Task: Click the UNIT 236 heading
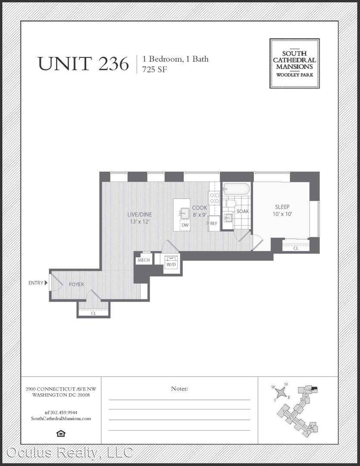84,63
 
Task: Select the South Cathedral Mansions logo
294,63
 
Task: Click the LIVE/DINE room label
140,214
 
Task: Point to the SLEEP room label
282,207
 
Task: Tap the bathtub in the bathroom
237,189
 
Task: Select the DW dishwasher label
185,225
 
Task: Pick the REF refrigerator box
213,223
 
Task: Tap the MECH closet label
144,260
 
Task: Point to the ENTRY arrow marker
46,283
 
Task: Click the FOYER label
76,284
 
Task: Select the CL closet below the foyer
94,313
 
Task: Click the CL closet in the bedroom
296,248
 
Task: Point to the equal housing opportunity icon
61,434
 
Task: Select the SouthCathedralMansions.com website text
61,419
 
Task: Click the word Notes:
179,388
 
